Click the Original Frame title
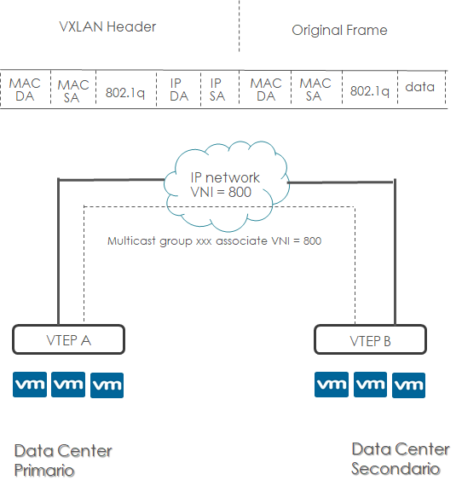[x=339, y=30]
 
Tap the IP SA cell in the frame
[x=217, y=90]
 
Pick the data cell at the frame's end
[x=420, y=88]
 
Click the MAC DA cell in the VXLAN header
[x=26, y=90]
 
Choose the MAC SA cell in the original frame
[x=315, y=90]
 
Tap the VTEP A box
[x=69, y=339]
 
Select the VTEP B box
[x=370, y=340]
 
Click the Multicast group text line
[x=214, y=241]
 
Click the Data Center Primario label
[x=63, y=460]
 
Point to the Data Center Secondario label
[x=401, y=459]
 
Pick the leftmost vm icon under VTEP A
[x=31, y=385]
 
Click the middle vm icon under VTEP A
[x=69, y=385]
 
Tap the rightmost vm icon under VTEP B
[x=408, y=385]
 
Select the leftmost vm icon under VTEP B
[x=332, y=385]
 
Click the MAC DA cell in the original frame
[x=266, y=90]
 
